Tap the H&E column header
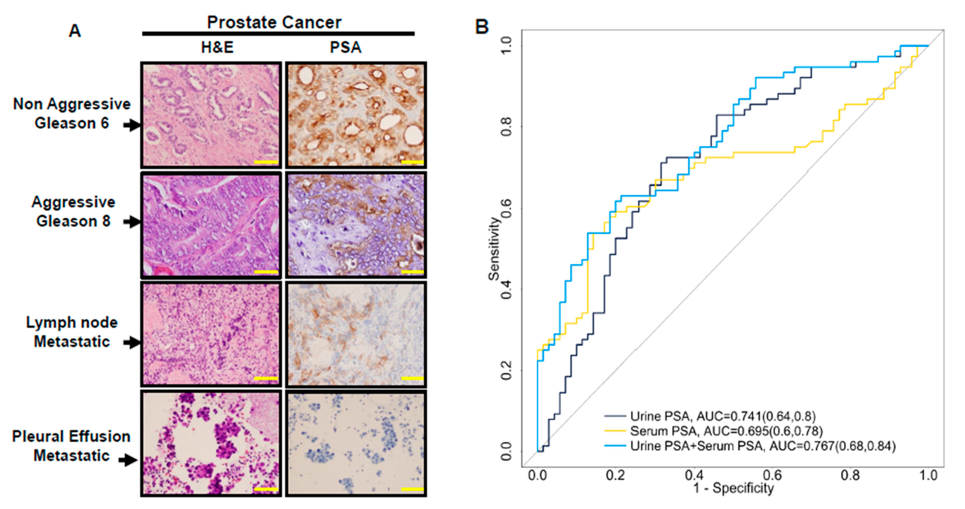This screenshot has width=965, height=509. click(217, 48)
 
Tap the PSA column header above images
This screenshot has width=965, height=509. click(345, 48)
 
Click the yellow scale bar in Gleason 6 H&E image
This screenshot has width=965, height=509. click(266, 162)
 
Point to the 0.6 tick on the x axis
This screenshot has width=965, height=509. click(772, 475)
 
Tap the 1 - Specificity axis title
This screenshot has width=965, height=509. click(733, 488)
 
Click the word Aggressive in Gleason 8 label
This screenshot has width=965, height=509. click(74, 202)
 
